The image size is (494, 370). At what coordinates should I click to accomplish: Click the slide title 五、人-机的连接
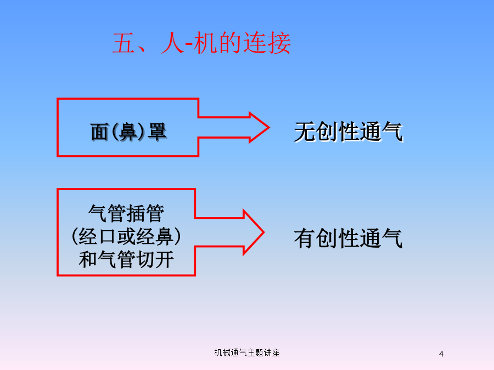coord(201,43)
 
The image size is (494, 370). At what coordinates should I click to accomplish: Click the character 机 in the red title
coord(205,43)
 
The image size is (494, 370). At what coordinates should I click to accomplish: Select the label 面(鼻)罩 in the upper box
coord(128,132)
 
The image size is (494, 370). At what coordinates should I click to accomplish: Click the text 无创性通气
coord(348,132)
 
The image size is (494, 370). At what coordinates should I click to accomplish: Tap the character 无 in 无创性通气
coord(304,132)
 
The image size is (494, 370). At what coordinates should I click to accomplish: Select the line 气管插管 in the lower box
coord(126,213)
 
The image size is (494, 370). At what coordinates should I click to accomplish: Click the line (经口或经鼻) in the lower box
coord(126,236)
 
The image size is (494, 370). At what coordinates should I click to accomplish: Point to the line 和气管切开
coord(126,259)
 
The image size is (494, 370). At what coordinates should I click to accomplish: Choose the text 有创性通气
coord(348,238)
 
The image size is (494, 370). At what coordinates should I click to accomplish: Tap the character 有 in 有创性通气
coord(304,238)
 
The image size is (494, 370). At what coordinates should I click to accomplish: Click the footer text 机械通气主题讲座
coord(247,352)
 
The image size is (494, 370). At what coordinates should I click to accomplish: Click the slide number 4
coord(441,354)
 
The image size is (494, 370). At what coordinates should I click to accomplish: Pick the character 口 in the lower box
coord(107,237)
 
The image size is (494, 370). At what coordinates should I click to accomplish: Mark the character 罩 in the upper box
coord(157,132)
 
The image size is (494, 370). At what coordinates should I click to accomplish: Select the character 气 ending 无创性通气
coord(392,132)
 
